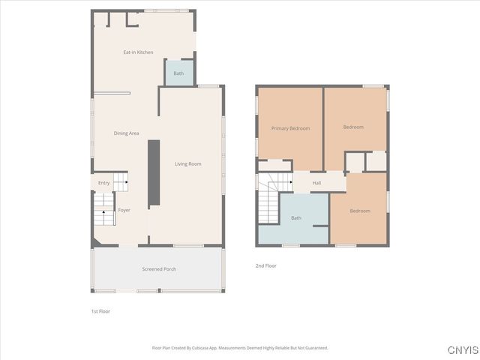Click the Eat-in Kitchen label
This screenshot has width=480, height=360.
pyautogui.click(x=138, y=52)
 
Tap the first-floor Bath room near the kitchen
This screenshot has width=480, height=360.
pyautogui.click(x=178, y=73)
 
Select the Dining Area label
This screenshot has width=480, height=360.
pyautogui.click(x=126, y=133)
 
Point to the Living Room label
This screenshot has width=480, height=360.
pyautogui.click(x=187, y=163)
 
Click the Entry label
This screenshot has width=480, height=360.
pyautogui.click(x=103, y=183)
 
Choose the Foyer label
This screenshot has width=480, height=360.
pyautogui.click(x=124, y=210)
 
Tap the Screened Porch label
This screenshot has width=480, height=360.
pyautogui.click(x=158, y=268)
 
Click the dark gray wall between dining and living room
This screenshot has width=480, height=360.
pyautogui.click(x=153, y=172)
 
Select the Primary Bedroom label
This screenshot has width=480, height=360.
pyautogui.click(x=290, y=128)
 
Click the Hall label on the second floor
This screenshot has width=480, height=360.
pyautogui.click(x=316, y=183)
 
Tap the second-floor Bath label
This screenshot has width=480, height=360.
pyautogui.click(x=295, y=218)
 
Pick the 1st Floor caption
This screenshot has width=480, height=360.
pyautogui.click(x=100, y=310)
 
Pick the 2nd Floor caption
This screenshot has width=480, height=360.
pyautogui.click(x=266, y=265)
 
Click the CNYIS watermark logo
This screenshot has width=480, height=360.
pyautogui.click(x=462, y=350)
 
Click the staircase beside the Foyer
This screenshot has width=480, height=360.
pyautogui.click(x=103, y=214)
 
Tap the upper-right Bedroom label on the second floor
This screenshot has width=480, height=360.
pyautogui.click(x=353, y=127)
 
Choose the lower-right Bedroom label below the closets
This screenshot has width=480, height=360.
pyautogui.click(x=360, y=211)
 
